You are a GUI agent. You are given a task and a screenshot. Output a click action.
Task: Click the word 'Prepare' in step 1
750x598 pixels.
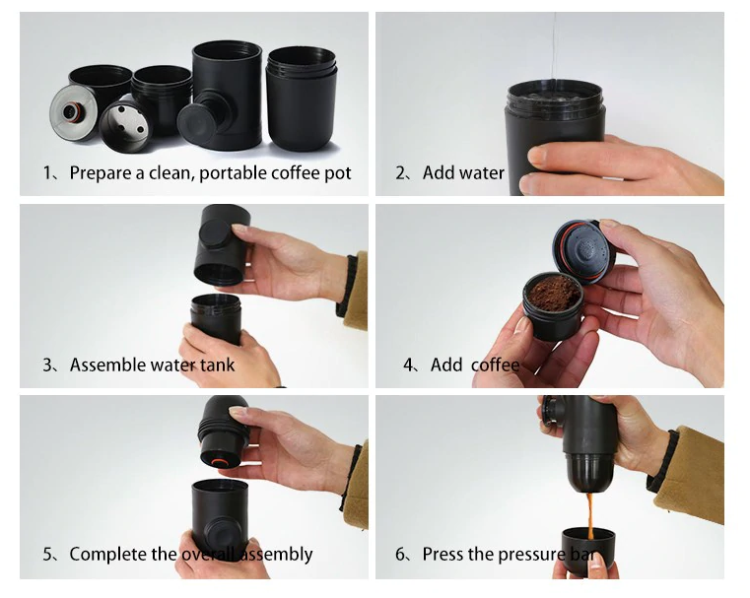pyautogui.click(x=101, y=173)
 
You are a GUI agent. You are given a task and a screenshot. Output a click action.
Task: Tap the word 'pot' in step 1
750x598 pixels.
pyautogui.click(x=338, y=173)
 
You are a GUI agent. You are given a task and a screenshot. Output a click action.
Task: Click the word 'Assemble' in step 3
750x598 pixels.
pyautogui.click(x=108, y=365)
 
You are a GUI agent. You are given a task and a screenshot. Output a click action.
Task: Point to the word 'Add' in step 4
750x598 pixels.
pyautogui.click(x=446, y=365)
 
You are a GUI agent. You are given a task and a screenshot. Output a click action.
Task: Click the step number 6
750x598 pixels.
pyautogui.click(x=400, y=555)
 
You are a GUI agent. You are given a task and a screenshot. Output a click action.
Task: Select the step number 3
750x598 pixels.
pyautogui.click(x=47, y=365)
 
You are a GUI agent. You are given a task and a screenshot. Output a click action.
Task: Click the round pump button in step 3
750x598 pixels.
pyautogui.click(x=215, y=233)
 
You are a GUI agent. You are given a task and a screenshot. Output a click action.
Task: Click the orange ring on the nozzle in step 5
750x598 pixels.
pyautogui.click(x=220, y=462)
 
